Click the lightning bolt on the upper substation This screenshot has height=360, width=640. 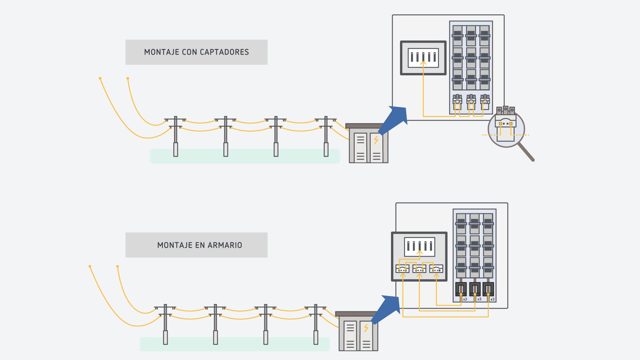[x=376, y=140]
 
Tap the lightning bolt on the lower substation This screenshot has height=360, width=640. [x=366, y=328]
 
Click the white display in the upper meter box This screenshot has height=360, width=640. [x=423, y=58]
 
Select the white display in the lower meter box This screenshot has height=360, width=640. [x=419, y=247]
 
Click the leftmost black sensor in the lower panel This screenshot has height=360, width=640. [x=461, y=289]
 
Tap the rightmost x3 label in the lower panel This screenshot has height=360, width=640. [x=492, y=299]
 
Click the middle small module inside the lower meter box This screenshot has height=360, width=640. [x=419, y=268]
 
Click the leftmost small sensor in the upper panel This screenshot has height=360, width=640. [x=457, y=101]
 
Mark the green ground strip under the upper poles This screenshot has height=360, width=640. [x=245, y=156]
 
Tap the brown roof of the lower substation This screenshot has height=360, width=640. [x=355, y=314]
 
